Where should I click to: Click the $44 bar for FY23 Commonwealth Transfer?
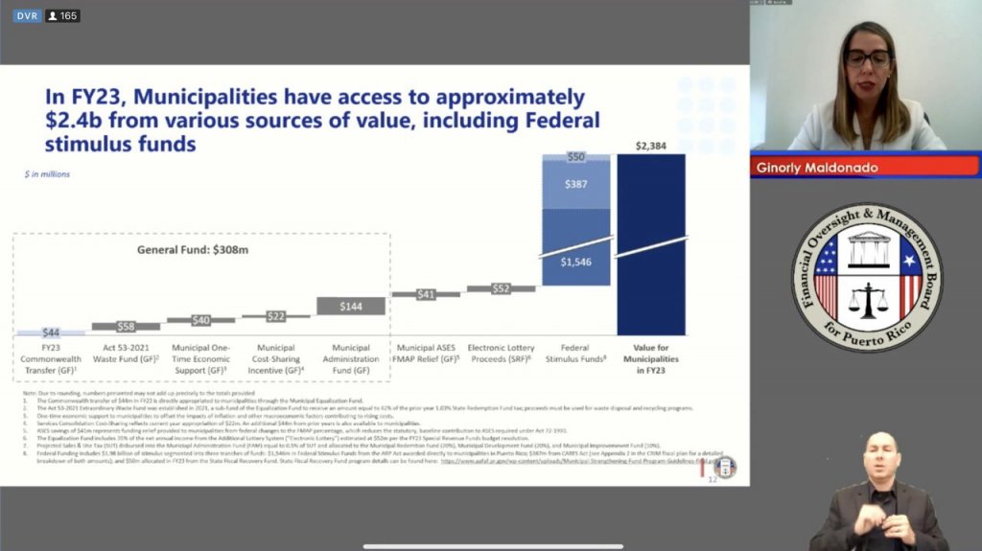tap(51, 333)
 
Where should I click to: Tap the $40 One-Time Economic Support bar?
tap(201, 320)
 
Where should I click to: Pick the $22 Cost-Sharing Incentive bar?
tap(276, 315)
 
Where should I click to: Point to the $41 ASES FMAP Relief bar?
tap(426, 294)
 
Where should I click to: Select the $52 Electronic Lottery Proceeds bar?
tap(501, 288)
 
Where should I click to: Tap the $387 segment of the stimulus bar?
tap(575, 182)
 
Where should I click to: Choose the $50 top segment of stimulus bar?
tap(575, 157)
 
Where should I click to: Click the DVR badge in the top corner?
tap(26, 15)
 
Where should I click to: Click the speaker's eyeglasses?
tap(867, 57)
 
